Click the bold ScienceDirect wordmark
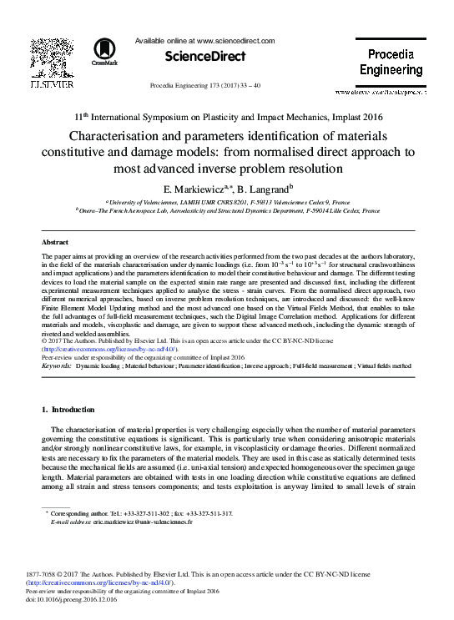(x=206, y=57)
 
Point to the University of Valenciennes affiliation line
(x=226, y=202)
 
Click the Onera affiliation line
(x=227, y=211)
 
